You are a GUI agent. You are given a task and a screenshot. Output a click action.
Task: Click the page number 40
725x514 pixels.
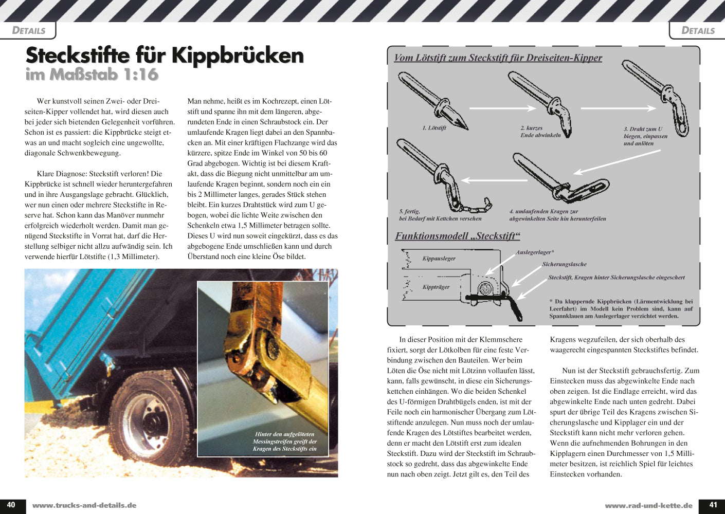[x=11, y=505]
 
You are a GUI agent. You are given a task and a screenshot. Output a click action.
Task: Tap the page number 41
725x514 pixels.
[x=713, y=505]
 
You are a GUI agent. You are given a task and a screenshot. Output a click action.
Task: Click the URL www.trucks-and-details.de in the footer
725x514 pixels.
[x=84, y=505]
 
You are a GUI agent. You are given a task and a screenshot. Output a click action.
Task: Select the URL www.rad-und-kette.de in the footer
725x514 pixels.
[x=648, y=505]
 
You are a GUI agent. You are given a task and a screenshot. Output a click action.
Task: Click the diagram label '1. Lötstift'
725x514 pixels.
[x=434, y=128]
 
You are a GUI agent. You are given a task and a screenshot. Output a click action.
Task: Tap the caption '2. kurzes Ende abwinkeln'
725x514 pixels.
[x=540, y=132]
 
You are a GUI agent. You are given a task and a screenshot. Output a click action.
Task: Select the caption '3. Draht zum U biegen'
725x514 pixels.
[x=645, y=136]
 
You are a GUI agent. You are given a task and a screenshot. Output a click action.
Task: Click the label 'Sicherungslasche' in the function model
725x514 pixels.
[x=564, y=264]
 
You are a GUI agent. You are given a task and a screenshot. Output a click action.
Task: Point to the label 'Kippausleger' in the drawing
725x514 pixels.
[x=439, y=259]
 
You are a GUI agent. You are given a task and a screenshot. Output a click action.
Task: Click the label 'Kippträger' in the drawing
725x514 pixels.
[x=436, y=287]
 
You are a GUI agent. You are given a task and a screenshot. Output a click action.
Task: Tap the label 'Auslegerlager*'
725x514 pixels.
[x=535, y=252]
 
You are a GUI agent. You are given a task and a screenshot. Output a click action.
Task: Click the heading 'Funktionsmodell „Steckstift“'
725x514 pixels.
[x=457, y=236]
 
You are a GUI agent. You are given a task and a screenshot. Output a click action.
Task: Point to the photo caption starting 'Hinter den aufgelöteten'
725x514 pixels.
[x=284, y=442]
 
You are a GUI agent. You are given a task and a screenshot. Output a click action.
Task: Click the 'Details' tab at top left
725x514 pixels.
[x=28, y=30]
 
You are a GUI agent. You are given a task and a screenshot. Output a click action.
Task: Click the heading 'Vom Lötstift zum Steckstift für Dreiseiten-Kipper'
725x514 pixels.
[x=498, y=58]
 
